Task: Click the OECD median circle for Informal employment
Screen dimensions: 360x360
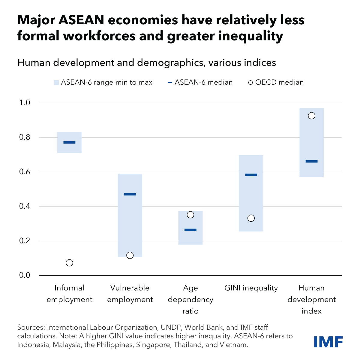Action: (69, 263)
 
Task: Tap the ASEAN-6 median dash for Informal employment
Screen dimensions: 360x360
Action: (69, 142)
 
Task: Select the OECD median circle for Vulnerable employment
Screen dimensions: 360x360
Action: (130, 255)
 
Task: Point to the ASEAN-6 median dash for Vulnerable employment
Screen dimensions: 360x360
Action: (130, 194)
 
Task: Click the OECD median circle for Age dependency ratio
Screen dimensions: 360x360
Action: (190, 215)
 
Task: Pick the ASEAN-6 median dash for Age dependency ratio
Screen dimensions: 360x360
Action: (190, 230)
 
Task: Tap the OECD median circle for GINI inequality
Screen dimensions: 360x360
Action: (251, 218)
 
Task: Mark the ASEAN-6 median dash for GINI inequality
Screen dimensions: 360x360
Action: (251, 175)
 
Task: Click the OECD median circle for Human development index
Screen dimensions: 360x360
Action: (312, 116)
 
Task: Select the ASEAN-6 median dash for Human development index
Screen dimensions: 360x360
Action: (312, 161)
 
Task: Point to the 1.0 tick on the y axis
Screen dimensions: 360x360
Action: (25, 103)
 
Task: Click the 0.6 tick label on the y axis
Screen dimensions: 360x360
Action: (25, 172)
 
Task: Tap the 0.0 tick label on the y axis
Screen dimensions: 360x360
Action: (25, 275)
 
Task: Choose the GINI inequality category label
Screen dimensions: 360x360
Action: (251, 288)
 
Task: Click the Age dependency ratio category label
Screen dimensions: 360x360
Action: (190, 299)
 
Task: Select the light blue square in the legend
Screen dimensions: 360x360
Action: (56, 82)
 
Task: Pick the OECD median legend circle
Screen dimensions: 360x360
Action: (250, 82)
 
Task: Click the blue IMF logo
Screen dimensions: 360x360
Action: (328, 342)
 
